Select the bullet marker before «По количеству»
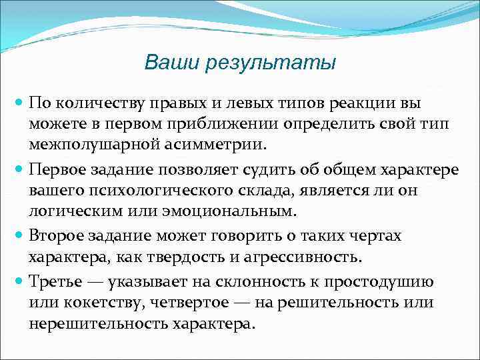[19, 103]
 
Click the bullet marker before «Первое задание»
[19, 169]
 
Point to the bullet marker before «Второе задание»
[19, 235]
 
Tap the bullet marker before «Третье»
[19, 281]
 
